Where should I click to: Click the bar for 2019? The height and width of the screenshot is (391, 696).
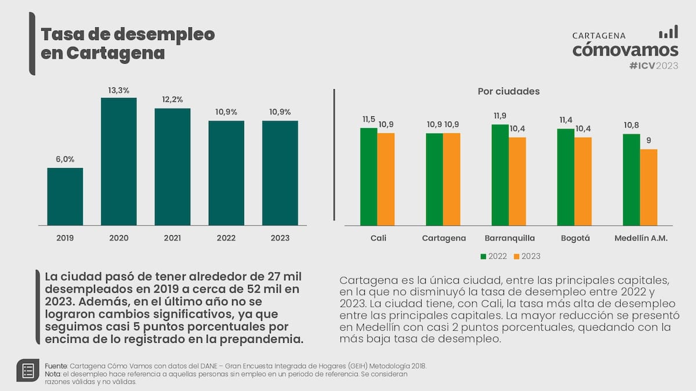[x=65, y=196]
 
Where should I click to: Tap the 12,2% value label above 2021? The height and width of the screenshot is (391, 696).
[x=172, y=100]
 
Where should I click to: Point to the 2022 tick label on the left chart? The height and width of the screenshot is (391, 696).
[x=226, y=238]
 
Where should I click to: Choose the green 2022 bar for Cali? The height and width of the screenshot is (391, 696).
[x=369, y=176]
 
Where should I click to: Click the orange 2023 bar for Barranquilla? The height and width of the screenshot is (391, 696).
[x=517, y=181]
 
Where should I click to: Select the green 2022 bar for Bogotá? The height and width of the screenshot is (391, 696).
[x=566, y=177]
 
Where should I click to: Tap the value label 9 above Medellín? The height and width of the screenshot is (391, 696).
[x=649, y=140]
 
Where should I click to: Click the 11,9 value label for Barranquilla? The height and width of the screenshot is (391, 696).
[x=500, y=116]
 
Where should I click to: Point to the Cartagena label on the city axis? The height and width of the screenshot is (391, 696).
[x=444, y=238]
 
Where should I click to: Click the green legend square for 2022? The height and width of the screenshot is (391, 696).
[x=484, y=256]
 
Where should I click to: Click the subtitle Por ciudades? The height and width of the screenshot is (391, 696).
[x=509, y=92]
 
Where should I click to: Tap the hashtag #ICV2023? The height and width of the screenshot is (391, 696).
[x=653, y=65]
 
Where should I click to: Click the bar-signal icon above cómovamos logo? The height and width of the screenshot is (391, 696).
[x=668, y=32]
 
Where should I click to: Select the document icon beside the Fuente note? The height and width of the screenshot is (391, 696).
[x=27, y=370]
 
